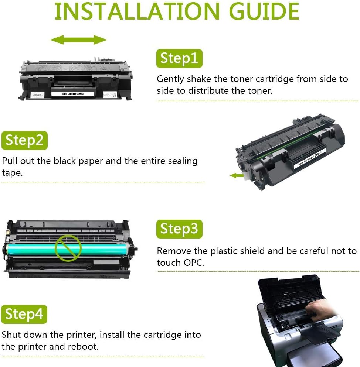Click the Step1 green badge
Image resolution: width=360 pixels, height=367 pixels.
point(179,58)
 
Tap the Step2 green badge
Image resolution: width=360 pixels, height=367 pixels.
point(24,140)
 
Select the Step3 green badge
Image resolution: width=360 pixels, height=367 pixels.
point(179,229)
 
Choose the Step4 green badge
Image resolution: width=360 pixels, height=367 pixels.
point(24,314)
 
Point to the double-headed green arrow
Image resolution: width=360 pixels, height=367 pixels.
point(78,40)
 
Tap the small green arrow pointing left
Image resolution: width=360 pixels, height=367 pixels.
point(237,176)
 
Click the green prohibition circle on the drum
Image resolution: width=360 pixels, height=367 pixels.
point(68,248)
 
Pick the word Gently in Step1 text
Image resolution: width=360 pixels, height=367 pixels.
point(170,79)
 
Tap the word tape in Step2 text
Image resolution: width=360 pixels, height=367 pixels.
point(12,173)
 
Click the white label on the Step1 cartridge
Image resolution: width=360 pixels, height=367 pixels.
point(72,94)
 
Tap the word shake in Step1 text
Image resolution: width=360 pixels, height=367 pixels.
point(199,79)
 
